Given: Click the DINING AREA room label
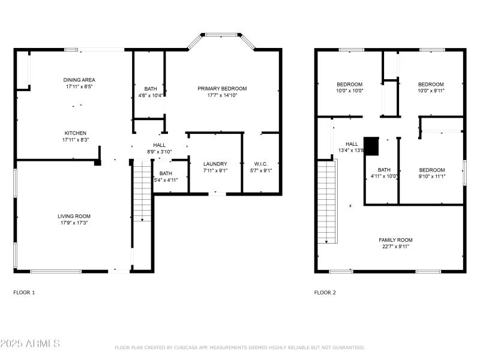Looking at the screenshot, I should (80, 80).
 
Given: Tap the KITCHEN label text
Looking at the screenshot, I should (76, 133).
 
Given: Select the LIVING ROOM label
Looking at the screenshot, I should (74, 216).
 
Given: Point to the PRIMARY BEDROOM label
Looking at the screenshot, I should (222, 88).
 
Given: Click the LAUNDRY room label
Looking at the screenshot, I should (215, 164).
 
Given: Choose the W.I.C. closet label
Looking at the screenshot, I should (261, 164).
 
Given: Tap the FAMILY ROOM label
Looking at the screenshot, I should (395, 240).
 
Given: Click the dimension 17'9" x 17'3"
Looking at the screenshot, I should (74, 224).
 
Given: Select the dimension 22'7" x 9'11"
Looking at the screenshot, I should (395, 247).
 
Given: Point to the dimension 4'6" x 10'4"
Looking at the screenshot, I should (151, 95).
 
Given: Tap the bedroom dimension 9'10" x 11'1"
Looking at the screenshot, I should (431, 177).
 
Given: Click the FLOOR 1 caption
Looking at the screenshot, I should (24, 293).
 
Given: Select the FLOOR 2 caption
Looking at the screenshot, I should (325, 293).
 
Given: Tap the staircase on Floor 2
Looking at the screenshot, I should (327, 201).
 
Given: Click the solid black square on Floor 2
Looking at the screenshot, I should (372, 146).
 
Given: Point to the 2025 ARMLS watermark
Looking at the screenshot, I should (30, 344).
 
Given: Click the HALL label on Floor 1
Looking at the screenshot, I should (159, 145).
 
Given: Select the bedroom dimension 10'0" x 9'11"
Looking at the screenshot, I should (431, 91).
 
